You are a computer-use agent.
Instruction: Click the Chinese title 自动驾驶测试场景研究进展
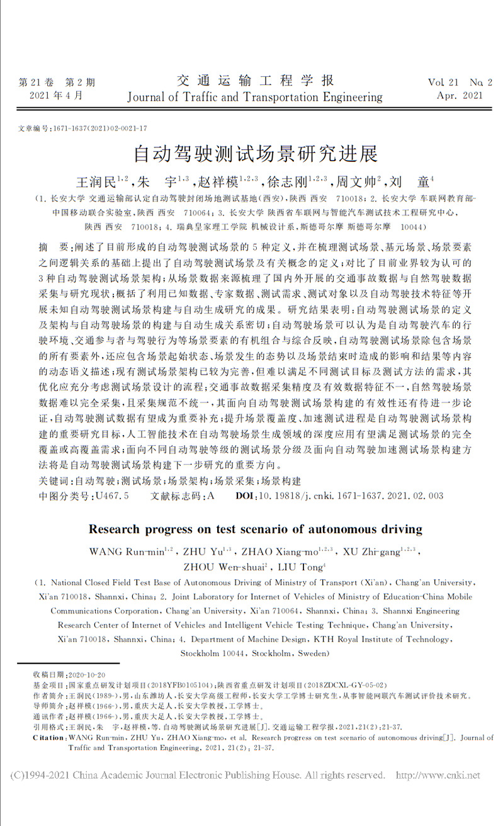[x=255, y=154]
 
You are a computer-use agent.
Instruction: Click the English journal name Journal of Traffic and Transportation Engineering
[x=255, y=97]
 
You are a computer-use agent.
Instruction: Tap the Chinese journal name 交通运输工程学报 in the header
[x=255, y=81]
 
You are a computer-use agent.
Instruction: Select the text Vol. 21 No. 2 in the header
[x=460, y=82]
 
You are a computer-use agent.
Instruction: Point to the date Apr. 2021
[x=460, y=96]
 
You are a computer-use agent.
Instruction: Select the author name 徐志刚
[x=288, y=183]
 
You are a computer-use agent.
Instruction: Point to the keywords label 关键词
[x=54, y=481]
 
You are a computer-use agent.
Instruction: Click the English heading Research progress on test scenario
[x=255, y=528]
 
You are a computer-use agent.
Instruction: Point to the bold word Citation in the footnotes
[x=48, y=737]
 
